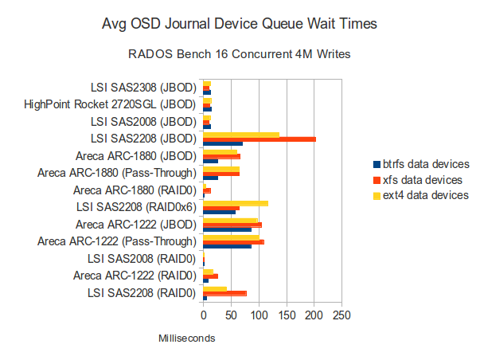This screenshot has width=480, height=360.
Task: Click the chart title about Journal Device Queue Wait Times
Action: click(240, 25)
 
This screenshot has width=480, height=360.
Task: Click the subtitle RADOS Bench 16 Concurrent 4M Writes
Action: click(240, 55)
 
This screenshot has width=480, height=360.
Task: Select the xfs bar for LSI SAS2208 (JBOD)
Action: click(260, 139)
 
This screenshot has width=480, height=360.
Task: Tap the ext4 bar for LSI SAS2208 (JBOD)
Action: click(241, 135)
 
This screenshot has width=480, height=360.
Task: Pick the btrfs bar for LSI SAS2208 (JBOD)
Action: click(212, 144)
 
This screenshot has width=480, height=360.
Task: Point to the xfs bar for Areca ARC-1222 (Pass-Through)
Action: click(233, 242)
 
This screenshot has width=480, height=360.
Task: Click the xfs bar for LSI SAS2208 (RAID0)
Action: click(224, 293)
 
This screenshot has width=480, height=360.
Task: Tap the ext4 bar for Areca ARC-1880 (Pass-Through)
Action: click(221, 169)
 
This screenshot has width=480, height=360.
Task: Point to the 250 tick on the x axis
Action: click(341, 315)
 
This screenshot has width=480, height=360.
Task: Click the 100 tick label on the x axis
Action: click(259, 315)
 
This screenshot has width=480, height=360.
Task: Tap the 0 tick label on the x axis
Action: click(204, 315)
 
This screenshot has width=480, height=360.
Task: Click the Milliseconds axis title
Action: click(186, 338)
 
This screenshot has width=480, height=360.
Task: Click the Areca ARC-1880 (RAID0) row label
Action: click(134, 190)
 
